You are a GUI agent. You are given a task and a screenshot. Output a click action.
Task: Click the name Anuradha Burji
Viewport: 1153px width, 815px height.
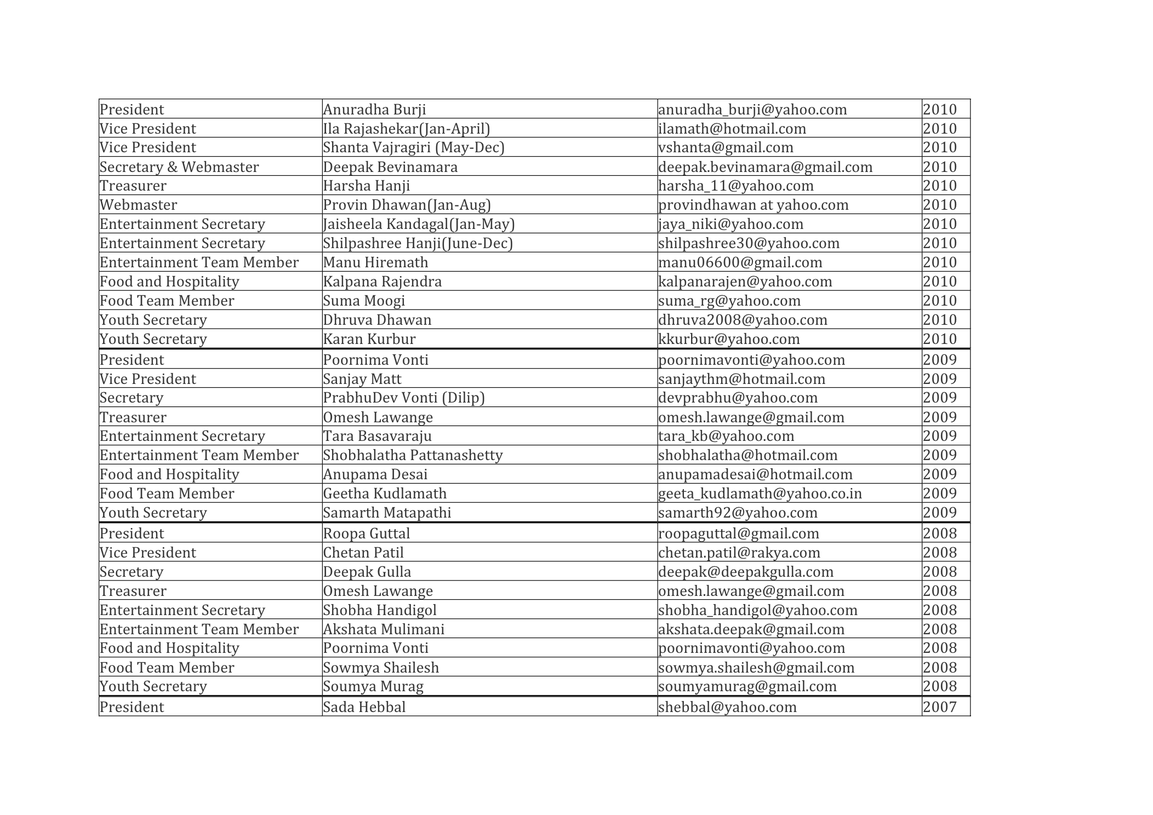click(x=374, y=110)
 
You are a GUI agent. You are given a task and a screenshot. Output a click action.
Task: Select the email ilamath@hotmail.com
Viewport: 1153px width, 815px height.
click(x=732, y=129)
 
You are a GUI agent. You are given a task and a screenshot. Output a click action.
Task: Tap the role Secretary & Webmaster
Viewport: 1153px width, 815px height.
click(x=179, y=167)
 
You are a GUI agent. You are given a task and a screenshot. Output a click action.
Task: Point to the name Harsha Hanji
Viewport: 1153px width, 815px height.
click(x=366, y=186)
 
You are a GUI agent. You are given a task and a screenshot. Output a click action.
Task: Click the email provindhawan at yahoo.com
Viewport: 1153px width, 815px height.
click(x=753, y=205)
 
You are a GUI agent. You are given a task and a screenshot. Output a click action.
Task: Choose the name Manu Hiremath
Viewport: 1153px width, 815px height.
click(x=375, y=262)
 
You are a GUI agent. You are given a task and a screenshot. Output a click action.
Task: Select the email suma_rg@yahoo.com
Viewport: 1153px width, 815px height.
click(x=729, y=301)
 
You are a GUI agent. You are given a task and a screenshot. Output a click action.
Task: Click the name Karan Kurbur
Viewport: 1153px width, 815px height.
click(x=369, y=339)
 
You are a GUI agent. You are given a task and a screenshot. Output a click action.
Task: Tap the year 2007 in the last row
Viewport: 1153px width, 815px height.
click(x=939, y=707)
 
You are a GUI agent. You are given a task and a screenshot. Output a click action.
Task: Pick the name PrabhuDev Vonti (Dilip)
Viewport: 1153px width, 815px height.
click(x=404, y=398)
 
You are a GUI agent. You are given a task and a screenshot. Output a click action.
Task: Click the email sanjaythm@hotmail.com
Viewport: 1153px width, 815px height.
click(x=741, y=379)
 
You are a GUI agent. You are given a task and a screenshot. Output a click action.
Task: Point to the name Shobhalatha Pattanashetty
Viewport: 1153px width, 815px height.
click(x=413, y=455)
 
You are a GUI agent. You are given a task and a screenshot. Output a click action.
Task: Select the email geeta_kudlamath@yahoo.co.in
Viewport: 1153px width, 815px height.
click(x=760, y=493)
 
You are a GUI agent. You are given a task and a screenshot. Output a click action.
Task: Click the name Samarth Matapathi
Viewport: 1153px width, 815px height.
click(x=387, y=513)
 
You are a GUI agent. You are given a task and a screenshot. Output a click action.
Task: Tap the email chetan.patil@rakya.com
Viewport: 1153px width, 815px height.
click(x=739, y=553)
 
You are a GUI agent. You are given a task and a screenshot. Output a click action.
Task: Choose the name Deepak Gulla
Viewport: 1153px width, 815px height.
click(x=367, y=572)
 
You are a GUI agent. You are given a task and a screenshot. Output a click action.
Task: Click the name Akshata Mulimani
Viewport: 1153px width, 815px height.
click(x=384, y=629)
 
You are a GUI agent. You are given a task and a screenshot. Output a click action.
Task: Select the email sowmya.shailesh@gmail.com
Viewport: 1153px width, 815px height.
click(x=756, y=668)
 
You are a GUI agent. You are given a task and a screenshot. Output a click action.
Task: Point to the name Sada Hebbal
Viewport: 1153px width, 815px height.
click(x=364, y=707)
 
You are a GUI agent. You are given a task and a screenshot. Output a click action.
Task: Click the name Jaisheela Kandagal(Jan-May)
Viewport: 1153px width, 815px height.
click(x=419, y=224)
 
